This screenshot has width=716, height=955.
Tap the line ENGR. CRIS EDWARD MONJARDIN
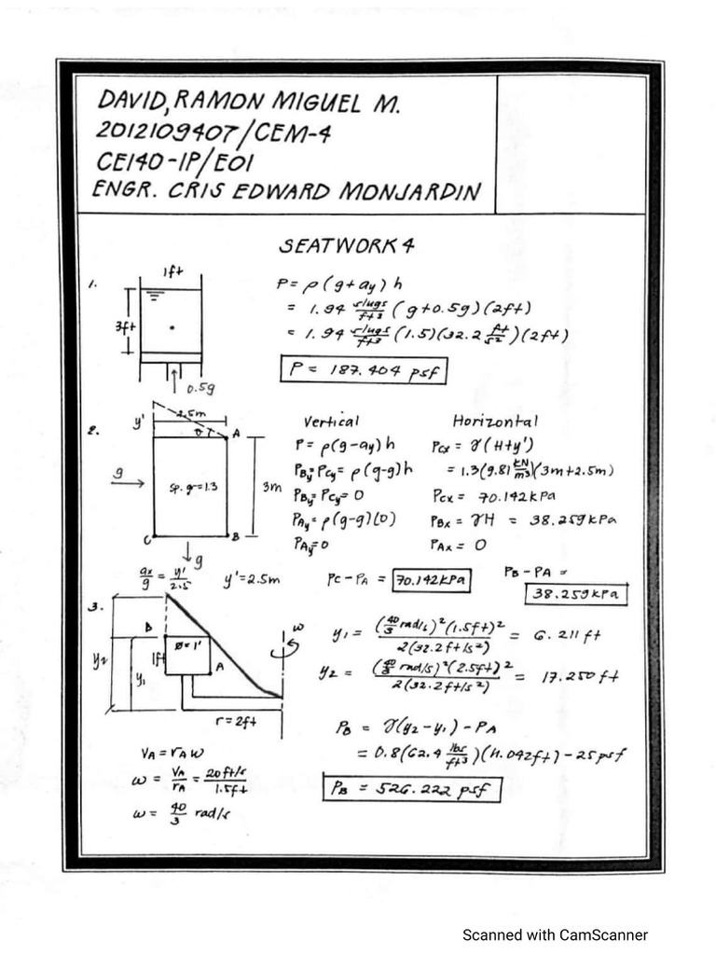coord(287,192)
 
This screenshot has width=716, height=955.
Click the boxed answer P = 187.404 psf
coord(363,370)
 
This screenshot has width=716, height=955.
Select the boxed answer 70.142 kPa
coord(431,581)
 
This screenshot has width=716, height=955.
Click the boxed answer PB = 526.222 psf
coord(411,788)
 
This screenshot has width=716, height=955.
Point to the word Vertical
coord(331,422)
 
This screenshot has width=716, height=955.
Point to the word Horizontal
coord(495,422)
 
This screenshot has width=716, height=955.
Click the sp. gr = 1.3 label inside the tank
coord(189,488)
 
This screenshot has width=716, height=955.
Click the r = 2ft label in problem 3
coord(240,720)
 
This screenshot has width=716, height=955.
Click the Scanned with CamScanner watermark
coord(556,934)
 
